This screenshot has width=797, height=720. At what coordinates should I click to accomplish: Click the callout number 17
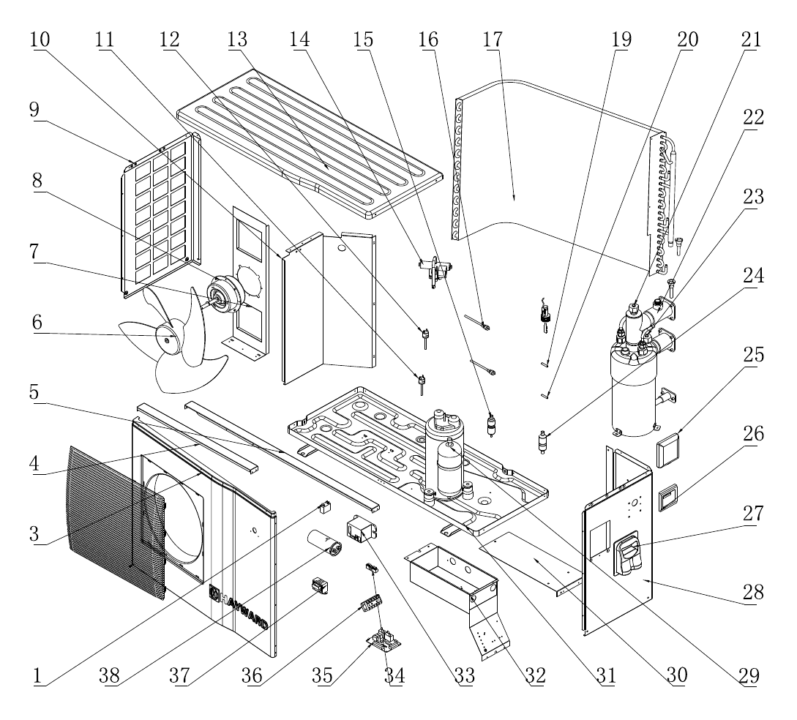coord(493,40)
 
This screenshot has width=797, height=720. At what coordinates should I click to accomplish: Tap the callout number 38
coord(110,675)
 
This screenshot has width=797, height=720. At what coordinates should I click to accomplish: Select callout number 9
coord(34,109)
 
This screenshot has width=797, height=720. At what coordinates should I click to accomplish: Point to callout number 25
coord(754,355)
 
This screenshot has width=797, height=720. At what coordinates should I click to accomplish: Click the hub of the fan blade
coord(167,337)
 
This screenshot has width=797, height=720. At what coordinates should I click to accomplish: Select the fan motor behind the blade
coord(223,295)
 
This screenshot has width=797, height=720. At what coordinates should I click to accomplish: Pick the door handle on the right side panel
coord(629,554)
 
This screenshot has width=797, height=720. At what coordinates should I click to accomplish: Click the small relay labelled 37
coord(320,586)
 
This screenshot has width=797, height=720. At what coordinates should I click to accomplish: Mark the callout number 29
coord(749,675)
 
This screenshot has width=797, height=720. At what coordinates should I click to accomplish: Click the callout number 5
coord(34,391)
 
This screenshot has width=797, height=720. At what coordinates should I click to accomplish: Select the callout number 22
coord(754,117)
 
